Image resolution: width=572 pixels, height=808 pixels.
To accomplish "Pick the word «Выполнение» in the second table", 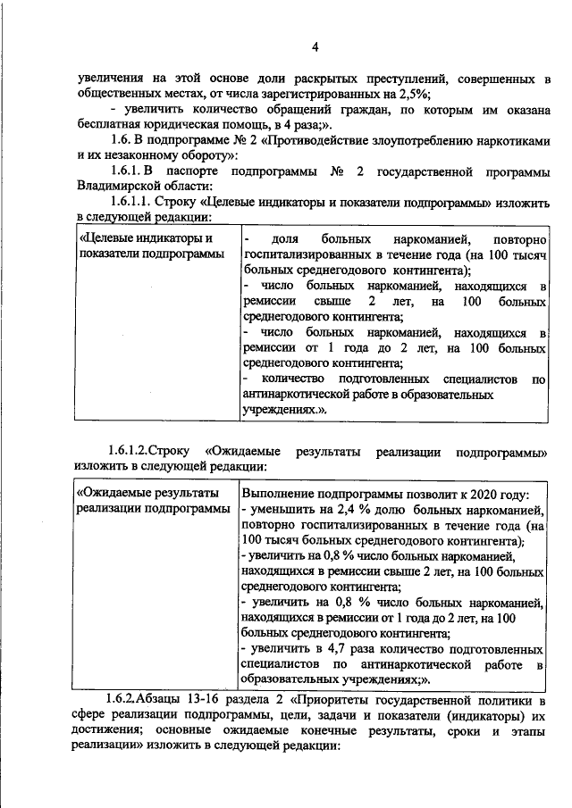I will [x=280, y=495].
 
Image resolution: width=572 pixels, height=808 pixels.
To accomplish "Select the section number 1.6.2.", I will [x=121, y=698].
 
